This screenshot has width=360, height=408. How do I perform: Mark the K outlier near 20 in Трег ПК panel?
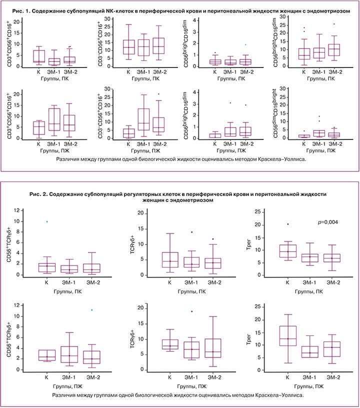point(287,224)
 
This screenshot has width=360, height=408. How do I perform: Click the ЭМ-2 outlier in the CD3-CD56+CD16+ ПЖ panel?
point(159,94)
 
